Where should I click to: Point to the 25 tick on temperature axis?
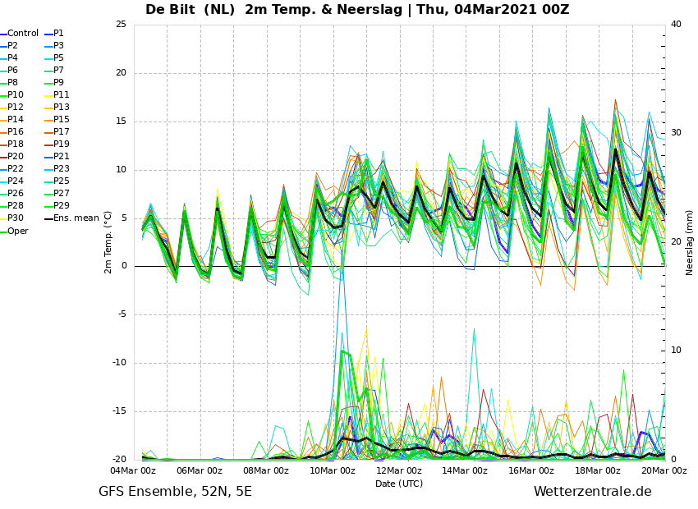pos(121,24)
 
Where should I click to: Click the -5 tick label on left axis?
pos(122,314)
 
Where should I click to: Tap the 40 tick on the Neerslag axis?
pos(676,24)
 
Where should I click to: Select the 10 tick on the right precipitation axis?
pos(676,351)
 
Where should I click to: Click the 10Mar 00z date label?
pos(333,470)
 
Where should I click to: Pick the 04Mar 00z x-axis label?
pos(133,470)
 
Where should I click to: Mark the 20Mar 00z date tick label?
pos(664,470)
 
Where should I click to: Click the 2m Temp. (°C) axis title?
pos(108,242)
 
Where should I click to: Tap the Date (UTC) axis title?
pos(399,484)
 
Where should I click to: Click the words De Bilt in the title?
pos(170,9)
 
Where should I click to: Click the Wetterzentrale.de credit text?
pos(593,492)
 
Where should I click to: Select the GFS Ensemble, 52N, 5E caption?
pos(175,492)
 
